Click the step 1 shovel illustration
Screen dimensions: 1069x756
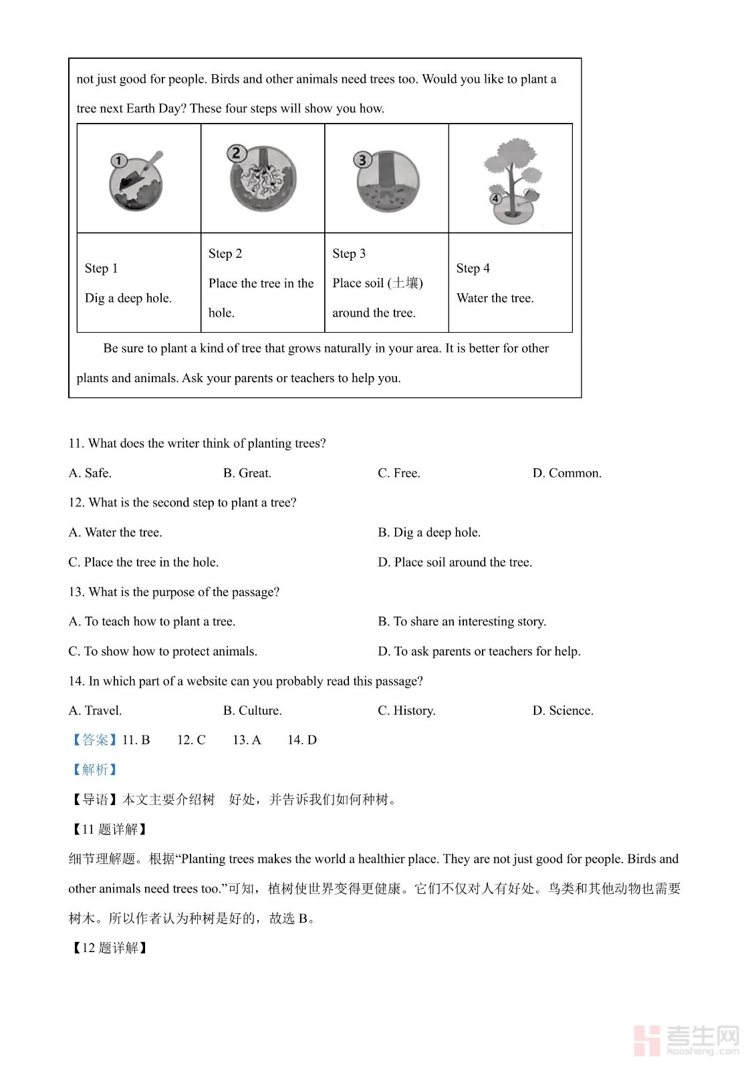tap(137, 180)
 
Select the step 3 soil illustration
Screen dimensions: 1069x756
tap(387, 180)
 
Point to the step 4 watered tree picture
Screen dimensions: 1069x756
tap(512, 180)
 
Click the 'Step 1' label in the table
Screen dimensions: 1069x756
tap(102, 269)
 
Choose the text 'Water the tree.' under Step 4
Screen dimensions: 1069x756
tap(495, 298)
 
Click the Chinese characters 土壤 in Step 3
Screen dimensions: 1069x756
tap(406, 283)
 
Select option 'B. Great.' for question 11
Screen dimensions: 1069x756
tap(247, 473)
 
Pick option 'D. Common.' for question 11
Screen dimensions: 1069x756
tap(567, 473)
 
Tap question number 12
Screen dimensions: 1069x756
tap(76, 502)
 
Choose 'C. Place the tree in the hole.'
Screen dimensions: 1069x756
tap(144, 562)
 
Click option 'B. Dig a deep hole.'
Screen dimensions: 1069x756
tap(429, 532)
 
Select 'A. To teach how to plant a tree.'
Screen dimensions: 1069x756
tap(152, 621)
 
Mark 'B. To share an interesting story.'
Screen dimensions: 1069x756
tap(462, 621)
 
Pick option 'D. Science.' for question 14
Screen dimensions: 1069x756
tap(563, 710)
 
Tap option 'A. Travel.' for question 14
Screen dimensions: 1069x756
tap(95, 710)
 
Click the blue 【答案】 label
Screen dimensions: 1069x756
tap(94, 740)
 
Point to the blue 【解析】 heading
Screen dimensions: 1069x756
tap(94, 770)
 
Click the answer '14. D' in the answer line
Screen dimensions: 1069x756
tap(302, 740)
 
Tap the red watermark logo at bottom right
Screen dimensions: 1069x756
tap(646, 1040)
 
